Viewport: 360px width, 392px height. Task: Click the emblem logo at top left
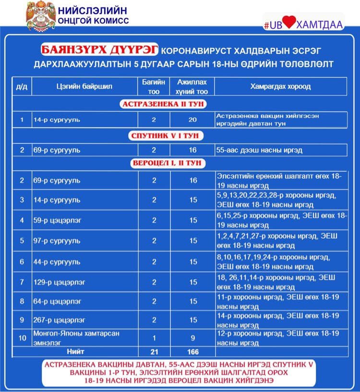pyautogui.click(x=40, y=16)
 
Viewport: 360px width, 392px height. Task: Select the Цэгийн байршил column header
pyautogui.click(x=84, y=87)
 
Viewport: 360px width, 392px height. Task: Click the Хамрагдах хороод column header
pyautogui.click(x=281, y=87)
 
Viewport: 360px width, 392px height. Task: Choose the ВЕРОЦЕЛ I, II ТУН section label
pyautogui.click(x=167, y=163)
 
